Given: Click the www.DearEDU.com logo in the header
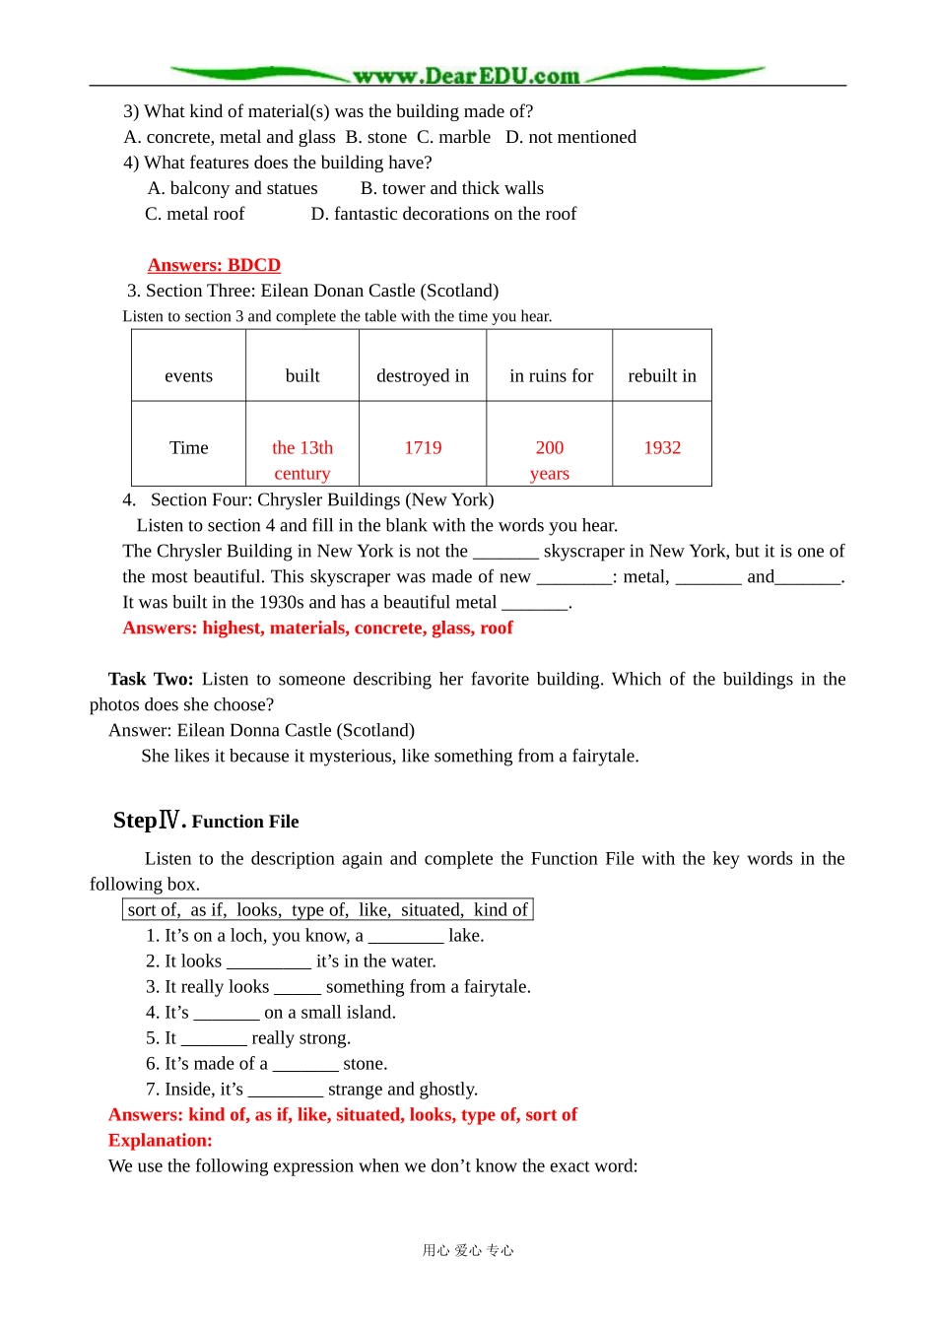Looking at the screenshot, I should [467, 76].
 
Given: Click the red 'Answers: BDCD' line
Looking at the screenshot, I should [214, 265].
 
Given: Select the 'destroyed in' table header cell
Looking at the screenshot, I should [423, 375].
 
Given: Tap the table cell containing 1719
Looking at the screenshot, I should [423, 447].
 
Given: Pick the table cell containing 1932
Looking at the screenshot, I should [662, 447].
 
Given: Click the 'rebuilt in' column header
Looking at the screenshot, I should [662, 375].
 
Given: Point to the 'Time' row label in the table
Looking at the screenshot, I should [188, 447].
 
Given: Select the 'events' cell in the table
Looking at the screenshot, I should [188, 375].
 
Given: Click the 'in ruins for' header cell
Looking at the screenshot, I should [551, 375].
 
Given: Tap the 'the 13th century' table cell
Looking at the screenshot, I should [302, 459].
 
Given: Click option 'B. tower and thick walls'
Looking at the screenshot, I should [451, 188].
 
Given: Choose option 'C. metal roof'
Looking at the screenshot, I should [194, 214].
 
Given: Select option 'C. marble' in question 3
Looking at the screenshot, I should [453, 137].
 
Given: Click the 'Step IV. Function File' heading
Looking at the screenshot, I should [206, 821].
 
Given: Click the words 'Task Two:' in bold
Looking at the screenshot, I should [151, 679].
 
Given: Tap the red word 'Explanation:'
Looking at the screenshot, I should [161, 1140].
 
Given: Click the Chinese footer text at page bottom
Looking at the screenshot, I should [468, 1250].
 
